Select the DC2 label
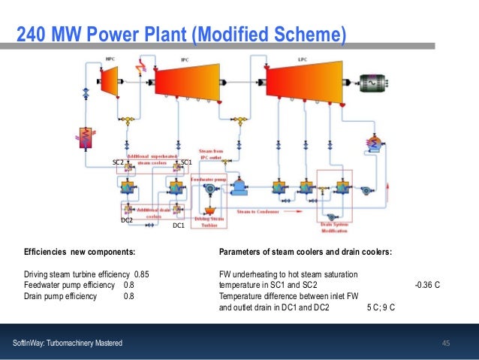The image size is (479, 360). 127,220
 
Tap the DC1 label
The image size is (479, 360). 179,225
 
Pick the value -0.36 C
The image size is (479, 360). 426,285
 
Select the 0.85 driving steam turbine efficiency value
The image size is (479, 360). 142,274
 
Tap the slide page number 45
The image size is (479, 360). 446,343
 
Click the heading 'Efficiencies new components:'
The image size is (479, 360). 80,252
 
